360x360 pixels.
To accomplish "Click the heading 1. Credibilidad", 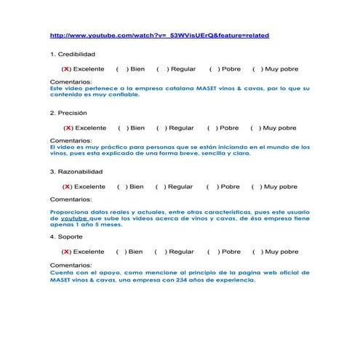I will pos(73,55).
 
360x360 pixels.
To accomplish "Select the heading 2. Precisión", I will pos(68,113).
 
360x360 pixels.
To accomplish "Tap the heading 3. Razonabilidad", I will pos(76,172).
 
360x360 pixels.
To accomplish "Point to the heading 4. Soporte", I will pos(66,236).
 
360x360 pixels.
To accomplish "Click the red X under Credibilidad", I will pos(66,69).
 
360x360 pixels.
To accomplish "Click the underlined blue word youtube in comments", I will pos(73,217).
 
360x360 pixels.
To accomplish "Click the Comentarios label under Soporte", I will pos(71,265).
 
